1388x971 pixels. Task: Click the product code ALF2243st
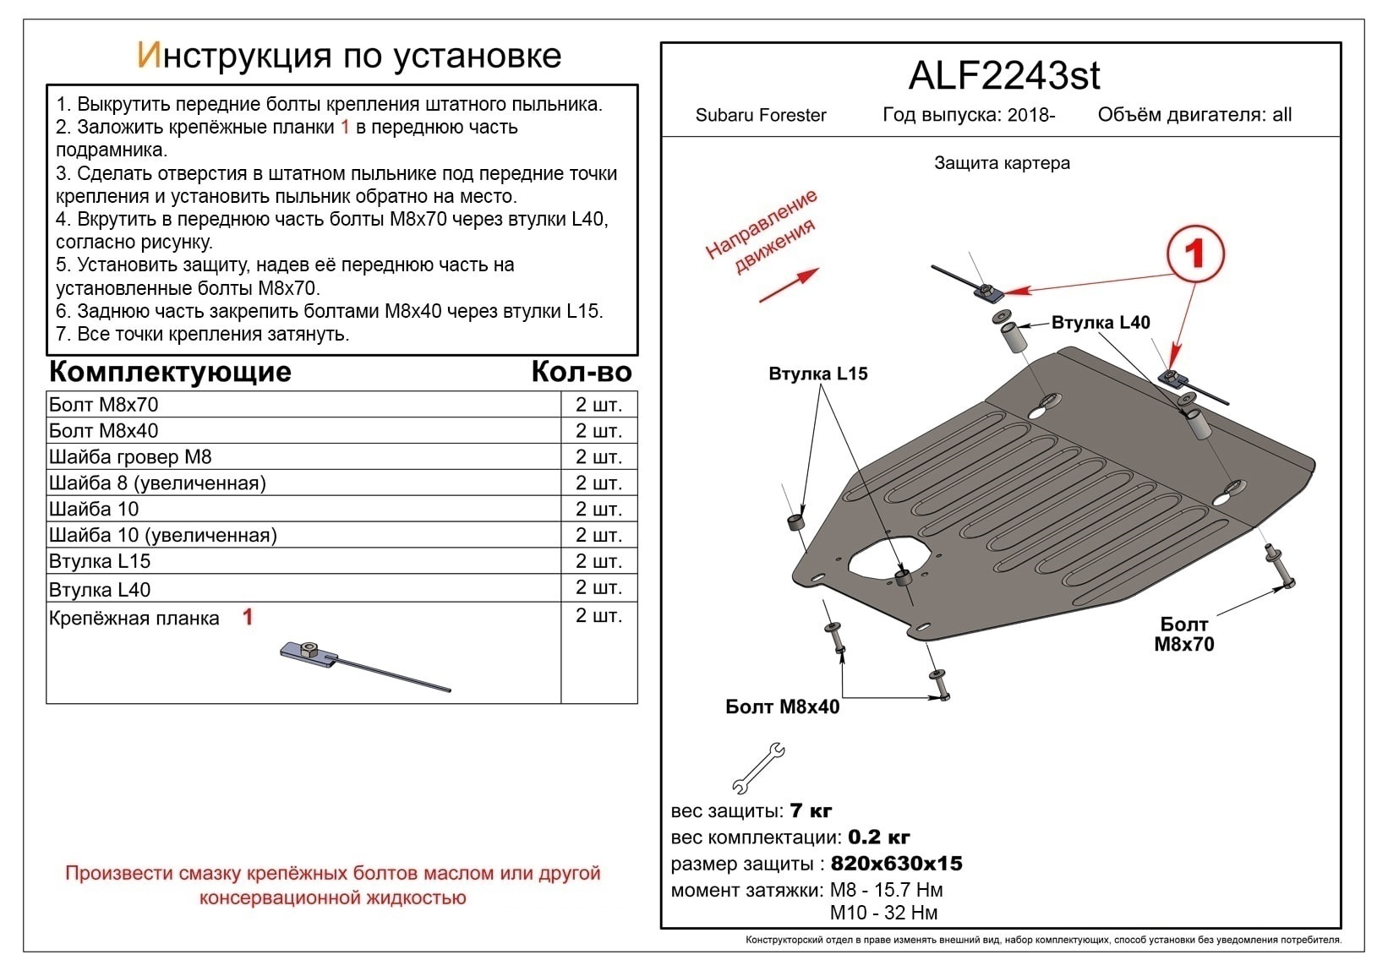(1004, 75)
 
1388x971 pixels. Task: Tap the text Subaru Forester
(760, 115)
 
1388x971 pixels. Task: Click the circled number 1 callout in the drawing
(1194, 254)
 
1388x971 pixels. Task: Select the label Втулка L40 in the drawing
(1100, 322)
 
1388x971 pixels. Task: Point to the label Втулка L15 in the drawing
(818, 373)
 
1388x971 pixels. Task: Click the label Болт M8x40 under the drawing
(782, 706)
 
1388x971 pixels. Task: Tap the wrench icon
(758, 767)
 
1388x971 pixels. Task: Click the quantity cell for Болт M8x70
(598, 405)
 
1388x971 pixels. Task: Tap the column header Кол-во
(582, 372)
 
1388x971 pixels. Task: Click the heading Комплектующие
(170, 372)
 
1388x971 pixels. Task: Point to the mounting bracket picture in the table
(365, 666)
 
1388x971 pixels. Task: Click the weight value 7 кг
(811, 810)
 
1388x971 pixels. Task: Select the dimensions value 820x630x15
(897, 863)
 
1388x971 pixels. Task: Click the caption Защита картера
(1002, 163)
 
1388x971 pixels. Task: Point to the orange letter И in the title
(150, 55)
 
